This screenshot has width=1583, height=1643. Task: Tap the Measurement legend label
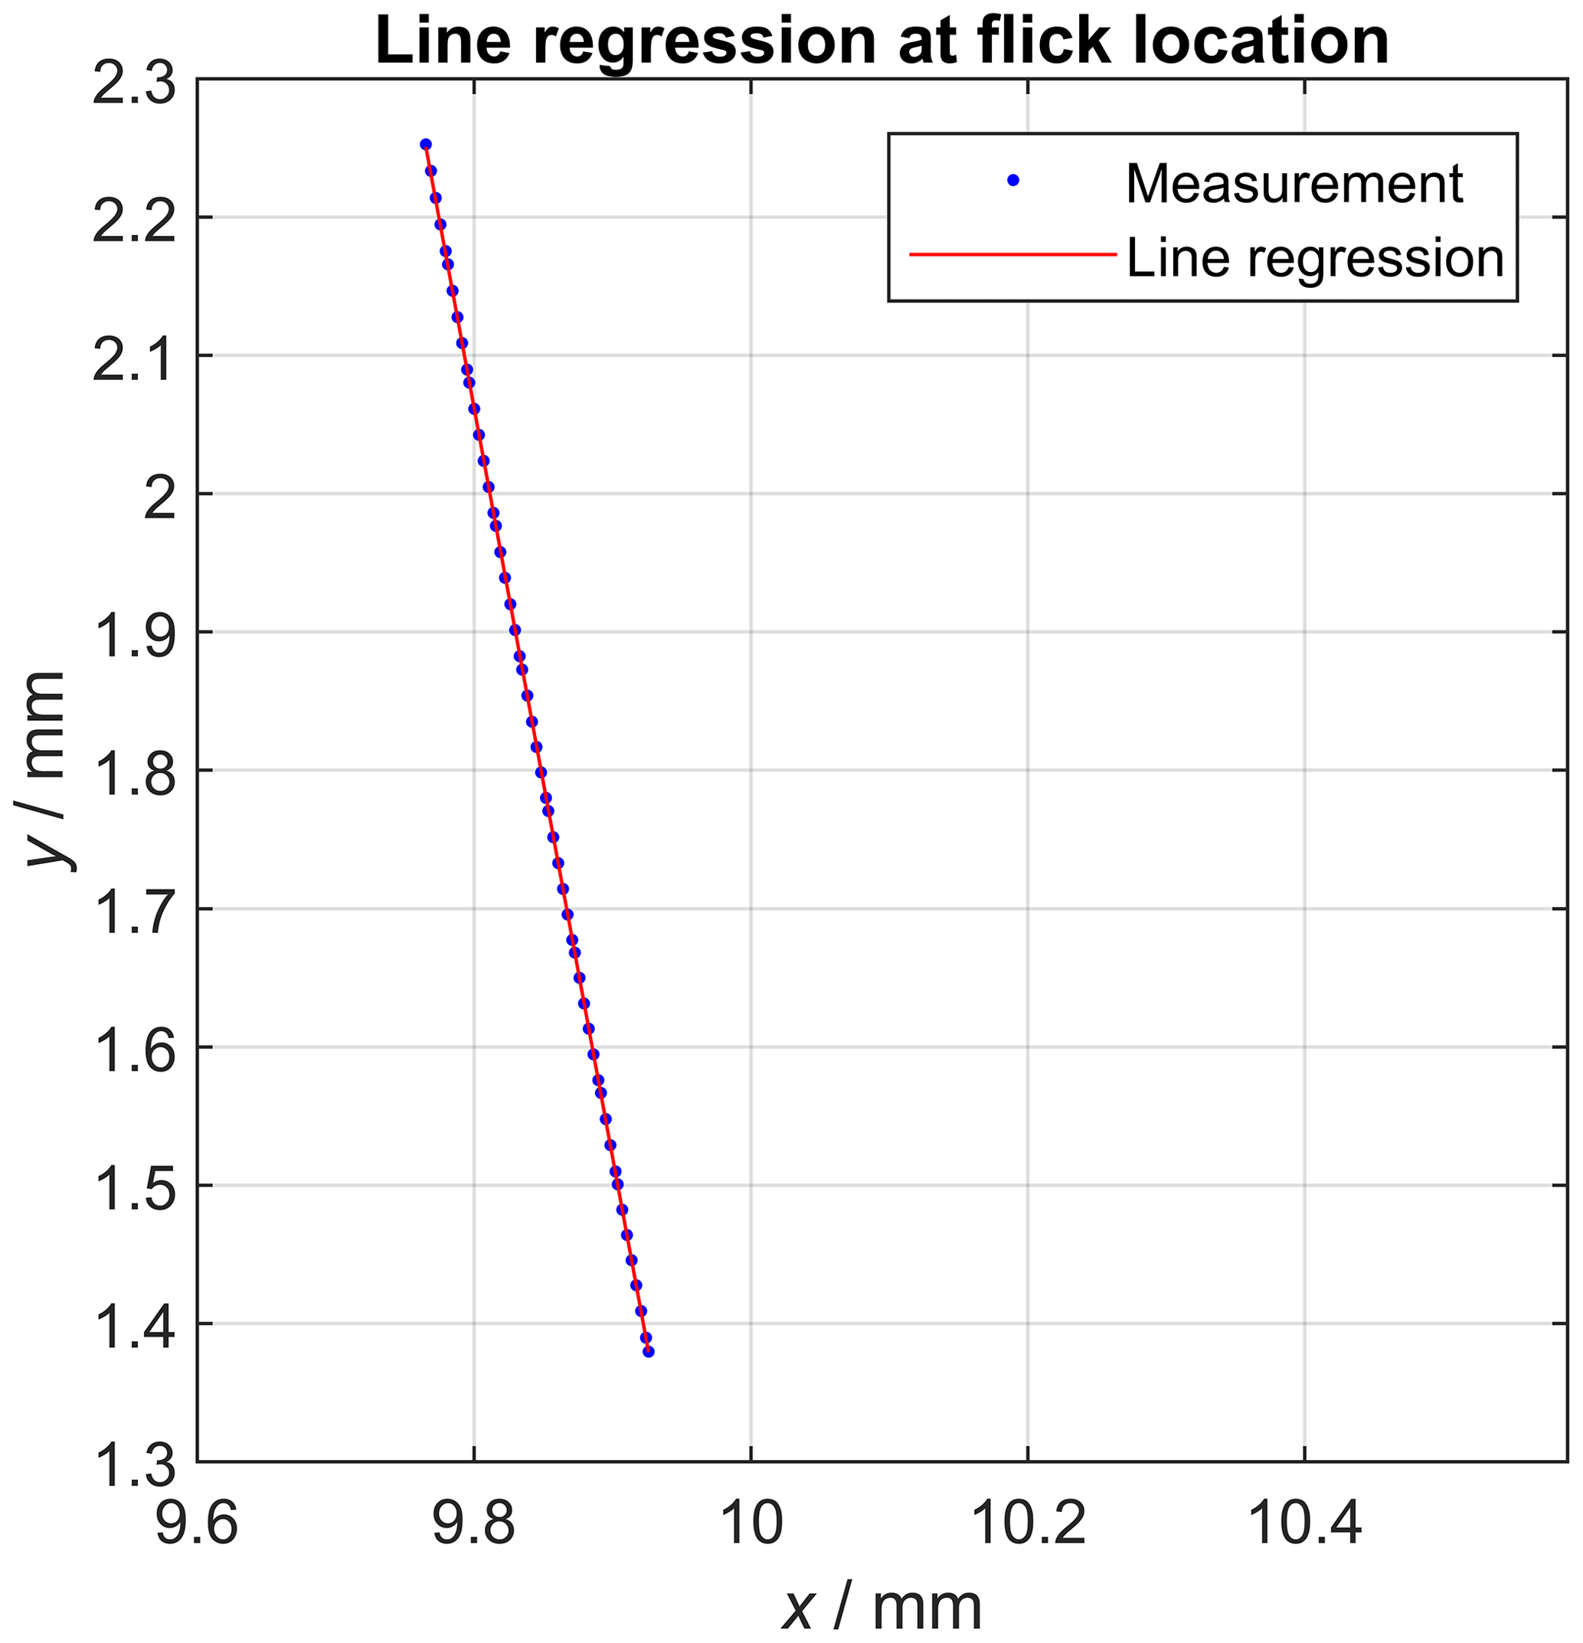[1294, 184]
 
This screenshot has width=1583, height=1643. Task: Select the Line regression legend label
[1315, 257]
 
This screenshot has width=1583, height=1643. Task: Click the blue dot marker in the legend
[1013, 180]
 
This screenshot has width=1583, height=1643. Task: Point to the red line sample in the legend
[1013, 254]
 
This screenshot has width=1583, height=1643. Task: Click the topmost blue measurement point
[426, 144]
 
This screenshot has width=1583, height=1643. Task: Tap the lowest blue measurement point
[649, 1352]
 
